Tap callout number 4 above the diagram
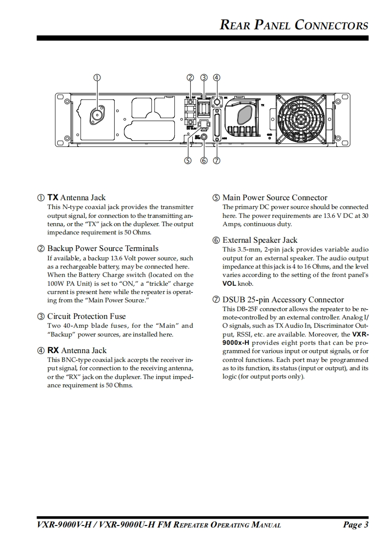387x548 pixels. point(217,77)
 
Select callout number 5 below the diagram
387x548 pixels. point(187,160)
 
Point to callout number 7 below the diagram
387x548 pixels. point(217,160)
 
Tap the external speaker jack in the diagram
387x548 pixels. point(204,138)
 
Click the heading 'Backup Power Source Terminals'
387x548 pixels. point(102,249)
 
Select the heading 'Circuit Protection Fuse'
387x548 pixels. point(86,316)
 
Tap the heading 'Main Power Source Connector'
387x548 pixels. point(275,198)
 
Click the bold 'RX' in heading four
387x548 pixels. point(53,351)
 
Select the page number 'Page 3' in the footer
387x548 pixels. point(355,525)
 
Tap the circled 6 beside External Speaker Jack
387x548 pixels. point(216,240)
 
